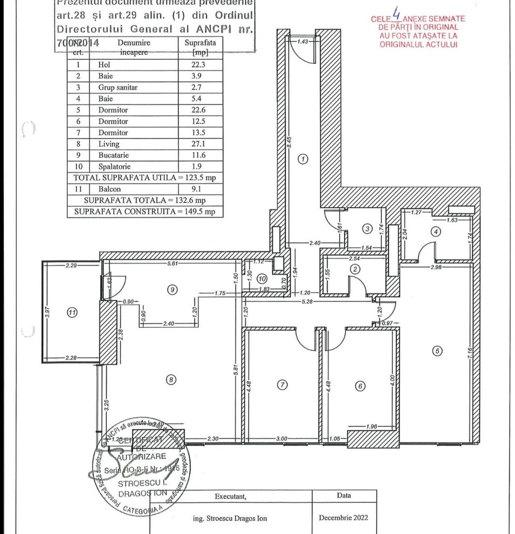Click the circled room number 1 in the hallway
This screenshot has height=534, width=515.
303,159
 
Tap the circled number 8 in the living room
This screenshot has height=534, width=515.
171,380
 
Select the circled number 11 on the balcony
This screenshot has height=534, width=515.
72,312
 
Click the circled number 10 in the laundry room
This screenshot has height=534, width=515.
263,279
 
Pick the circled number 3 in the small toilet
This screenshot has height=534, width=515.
367,229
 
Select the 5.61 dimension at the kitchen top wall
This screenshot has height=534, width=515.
172,264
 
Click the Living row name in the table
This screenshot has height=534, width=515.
109,144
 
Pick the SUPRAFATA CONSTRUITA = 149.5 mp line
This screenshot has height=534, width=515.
144,212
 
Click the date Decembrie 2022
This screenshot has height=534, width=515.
343,518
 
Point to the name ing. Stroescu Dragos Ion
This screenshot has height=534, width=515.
230,518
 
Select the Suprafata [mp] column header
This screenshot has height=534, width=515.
200,47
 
